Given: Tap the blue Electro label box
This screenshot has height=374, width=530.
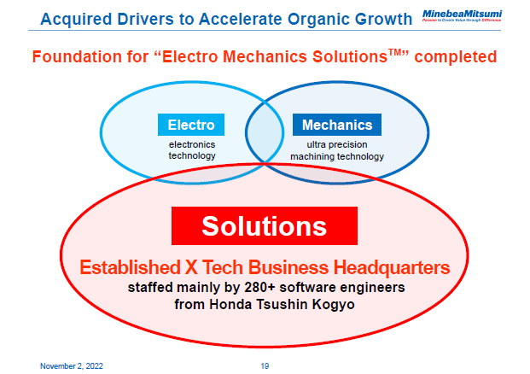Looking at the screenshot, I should pyautogui.click(x=191, y=125).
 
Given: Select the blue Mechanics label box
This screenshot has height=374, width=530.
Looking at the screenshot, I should pyautogui.click(x=337, y=125).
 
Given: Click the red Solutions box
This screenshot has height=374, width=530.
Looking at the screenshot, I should pyautogui.click(x=264, y=226).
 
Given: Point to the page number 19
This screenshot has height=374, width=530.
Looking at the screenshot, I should pyautogui.click(x=265, y=365).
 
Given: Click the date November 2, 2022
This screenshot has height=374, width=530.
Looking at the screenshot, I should pyautogui.click(x=73, y=365).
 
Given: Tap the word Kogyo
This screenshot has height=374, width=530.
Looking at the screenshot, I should pyautogui.click(x=333, y=303).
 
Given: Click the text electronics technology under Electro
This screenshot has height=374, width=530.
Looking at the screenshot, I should pyautogui.click(x=192, y=150).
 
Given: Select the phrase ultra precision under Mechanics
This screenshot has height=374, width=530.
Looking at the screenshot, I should pyautogui.click(x=337, y=145).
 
